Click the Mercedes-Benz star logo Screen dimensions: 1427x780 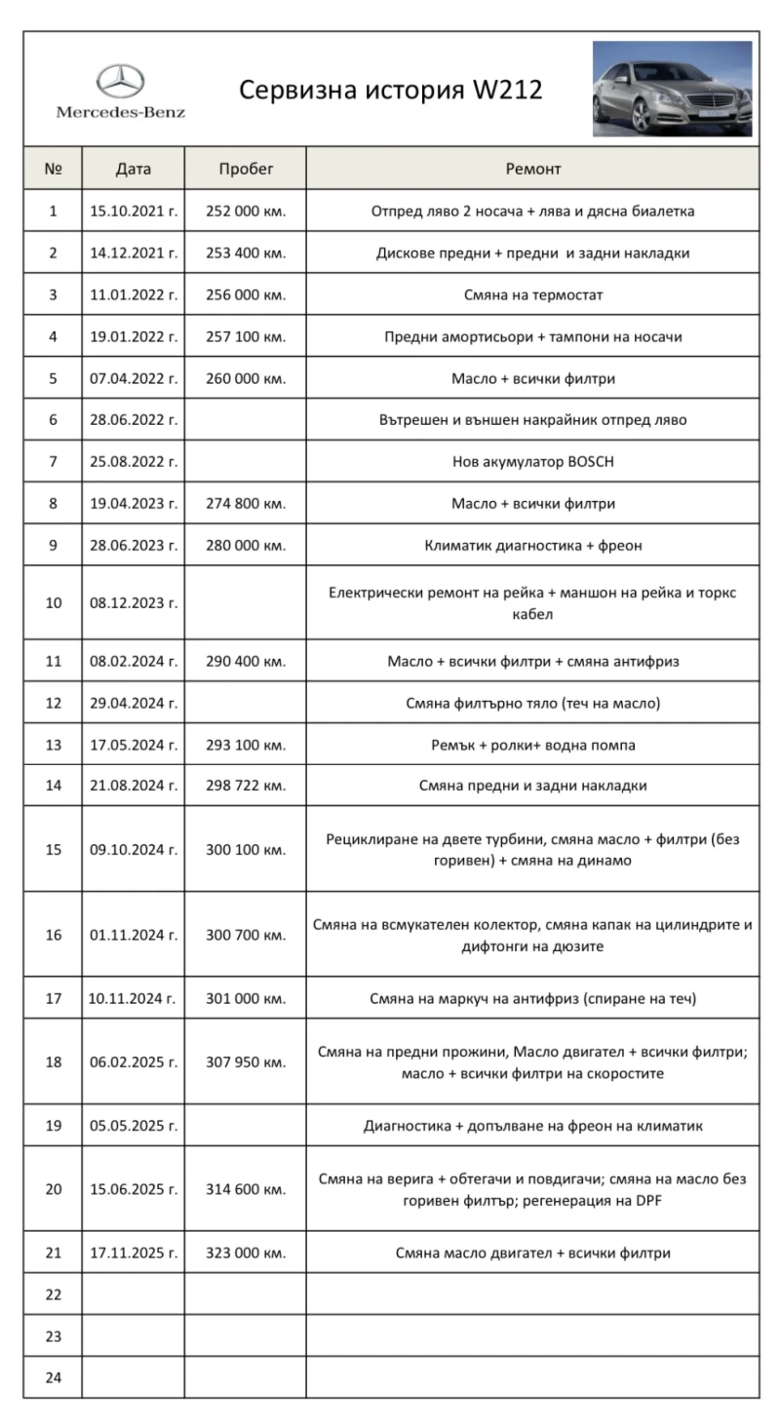point(120,81)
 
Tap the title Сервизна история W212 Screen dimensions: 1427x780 point(390,91)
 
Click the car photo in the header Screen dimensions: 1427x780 point(672,89)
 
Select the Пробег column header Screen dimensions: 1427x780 point(246,169)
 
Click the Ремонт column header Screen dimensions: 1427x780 point(532,169)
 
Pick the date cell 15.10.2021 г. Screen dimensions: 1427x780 point(134,211)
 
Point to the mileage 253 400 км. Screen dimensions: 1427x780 point(246,253)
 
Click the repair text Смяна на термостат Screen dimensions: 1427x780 point(532,294)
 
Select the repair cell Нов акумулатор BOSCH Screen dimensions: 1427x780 point(532,462)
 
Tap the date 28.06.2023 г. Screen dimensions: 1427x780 point(134,546)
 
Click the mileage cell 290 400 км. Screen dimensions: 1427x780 point(246,662)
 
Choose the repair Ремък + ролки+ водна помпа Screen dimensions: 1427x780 point(532,746)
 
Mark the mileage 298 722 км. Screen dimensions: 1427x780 point(246,786)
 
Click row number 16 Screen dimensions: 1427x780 point(54,935)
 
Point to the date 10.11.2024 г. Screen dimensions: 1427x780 point(134,998)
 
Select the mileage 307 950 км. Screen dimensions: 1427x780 point(246,1062)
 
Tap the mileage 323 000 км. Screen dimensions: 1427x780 point(246,1253)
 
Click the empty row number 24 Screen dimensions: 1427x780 point(54,1378)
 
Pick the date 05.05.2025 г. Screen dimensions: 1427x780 point(134,1126)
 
